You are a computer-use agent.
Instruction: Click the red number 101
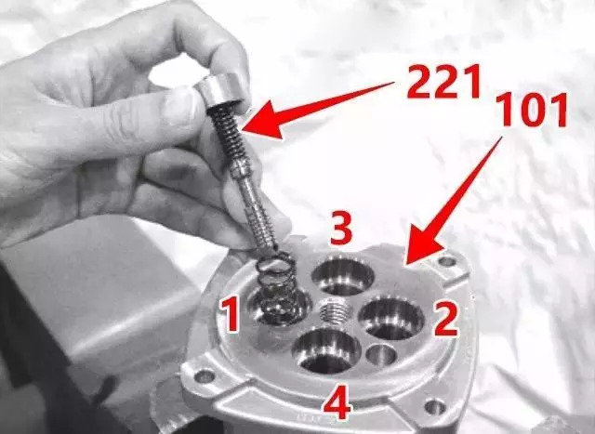tap(532, 109)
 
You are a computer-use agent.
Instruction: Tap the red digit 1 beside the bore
tap(230, 314)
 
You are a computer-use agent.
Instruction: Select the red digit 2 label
tap(446, 320)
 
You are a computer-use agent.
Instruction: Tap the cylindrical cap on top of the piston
tap(220, 90)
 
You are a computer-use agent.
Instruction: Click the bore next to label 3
tap(343, 277)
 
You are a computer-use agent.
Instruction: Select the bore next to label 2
tap(391, 318)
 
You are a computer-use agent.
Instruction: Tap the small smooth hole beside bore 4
tap(382, 355)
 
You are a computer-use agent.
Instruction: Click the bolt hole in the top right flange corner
tap(447, 261)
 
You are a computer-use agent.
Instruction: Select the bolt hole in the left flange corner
tap(205, 376)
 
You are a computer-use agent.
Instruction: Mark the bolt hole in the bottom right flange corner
tap(435, 407)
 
